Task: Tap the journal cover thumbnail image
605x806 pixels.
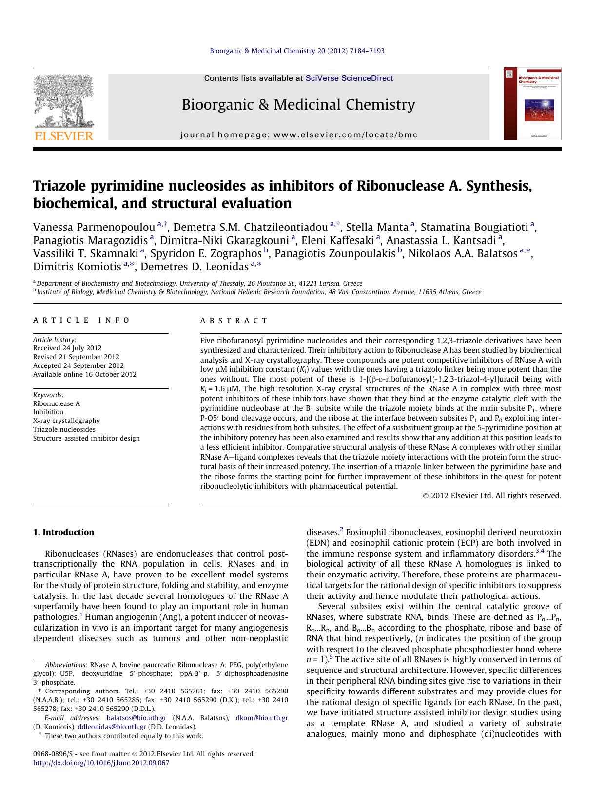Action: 532,104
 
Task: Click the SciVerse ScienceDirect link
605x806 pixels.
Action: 349,78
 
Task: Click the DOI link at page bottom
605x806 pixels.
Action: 101,763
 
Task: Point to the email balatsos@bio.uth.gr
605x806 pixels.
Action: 137,718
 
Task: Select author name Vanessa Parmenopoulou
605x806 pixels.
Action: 94,228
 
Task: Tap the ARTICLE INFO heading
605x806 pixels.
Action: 81,320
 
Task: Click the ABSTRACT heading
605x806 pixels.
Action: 234,321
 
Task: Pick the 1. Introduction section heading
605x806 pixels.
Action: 63,532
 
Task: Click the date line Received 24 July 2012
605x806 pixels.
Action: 67,348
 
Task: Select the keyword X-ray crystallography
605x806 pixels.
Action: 66,421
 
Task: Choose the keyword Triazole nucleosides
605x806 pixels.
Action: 64,429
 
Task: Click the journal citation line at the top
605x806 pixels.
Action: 297,51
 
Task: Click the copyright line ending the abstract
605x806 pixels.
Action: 491,496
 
